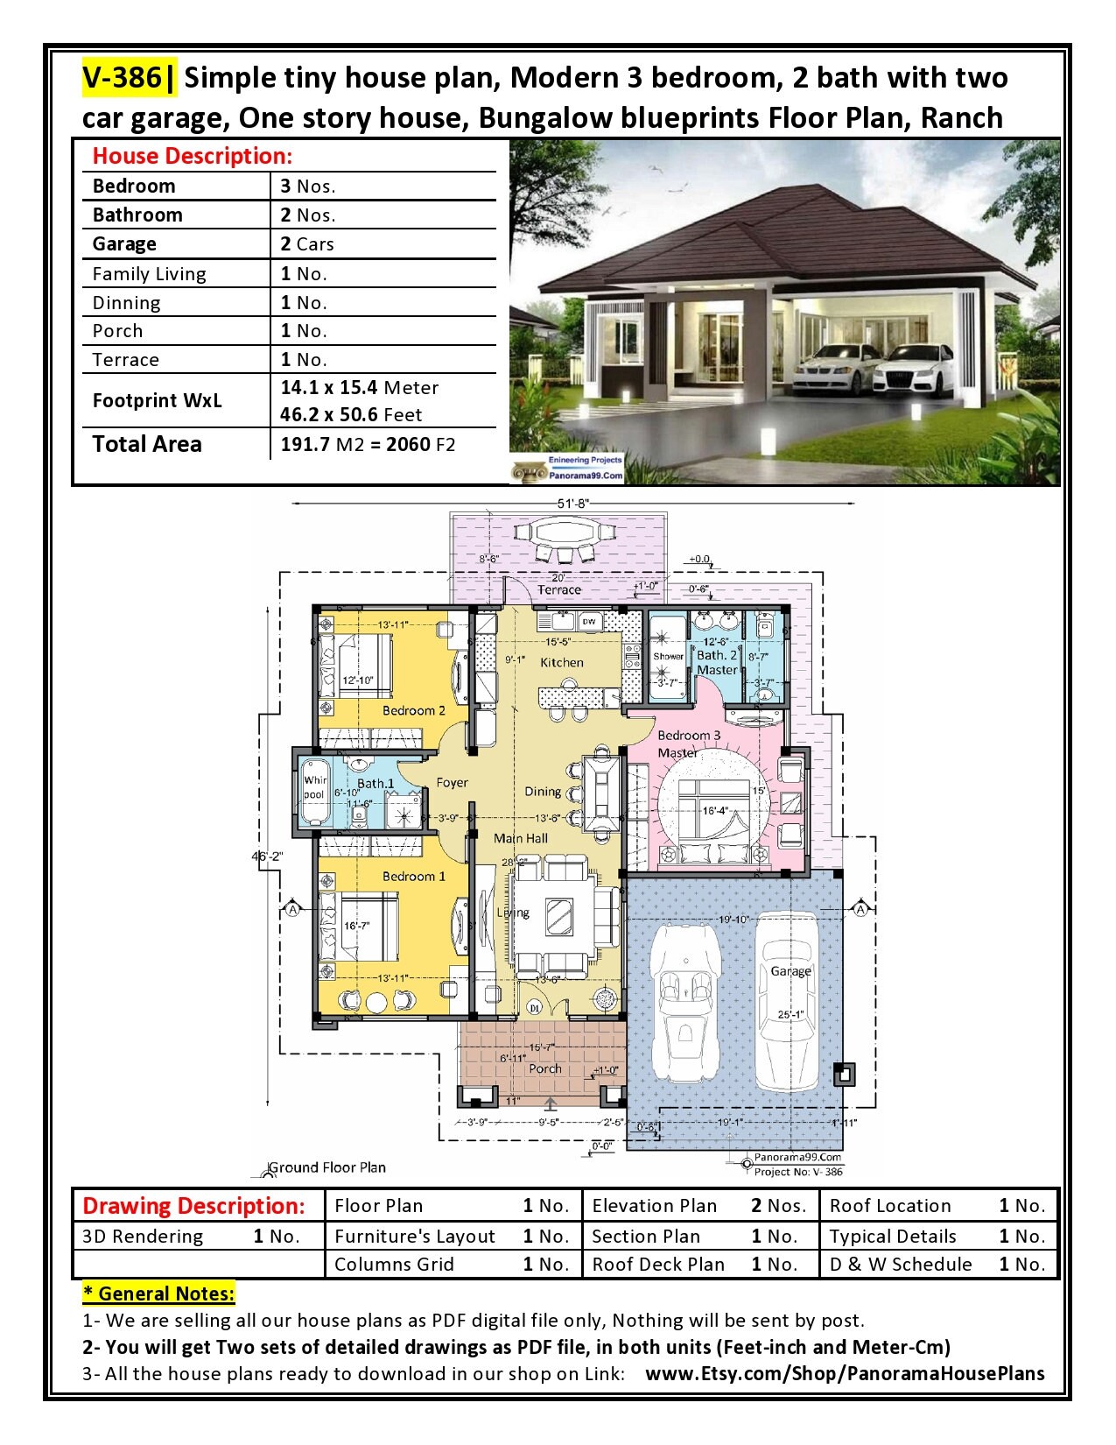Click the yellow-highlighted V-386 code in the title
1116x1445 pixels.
pyautogui.click(x=123, y=78)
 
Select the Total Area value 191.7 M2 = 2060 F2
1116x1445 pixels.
pyautogui.click(x=368, y=444)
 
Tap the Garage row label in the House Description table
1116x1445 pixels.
pyautogui.click(x=124, y=243)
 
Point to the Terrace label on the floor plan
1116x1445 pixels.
pyautogui.click(x=559, y=590)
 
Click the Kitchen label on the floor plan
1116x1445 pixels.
pyautogui.click(x=562, y=662)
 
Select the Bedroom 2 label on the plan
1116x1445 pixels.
pyautogui.click(x=413, y=710)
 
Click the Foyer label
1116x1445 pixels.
pyautogui.click(x=452, y=783)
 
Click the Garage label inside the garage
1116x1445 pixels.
pyautogui.click(x=790, y=971)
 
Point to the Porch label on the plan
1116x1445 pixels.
pyautogui.click(x=545, y=1068)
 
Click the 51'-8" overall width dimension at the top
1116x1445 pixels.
pyautogui.click(x=573, y=504)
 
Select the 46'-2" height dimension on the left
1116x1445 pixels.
pyautogui.click(x=267, y=856)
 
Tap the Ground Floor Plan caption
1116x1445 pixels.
pyautogui.click(x=326, y=1167)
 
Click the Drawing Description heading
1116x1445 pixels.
pyautogui.click(x=193, y=1206)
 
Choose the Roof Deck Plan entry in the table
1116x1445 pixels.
pyautogui.click(x=658, y=1265)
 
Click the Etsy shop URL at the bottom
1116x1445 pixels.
pyautogui.click(x=845, y=1373)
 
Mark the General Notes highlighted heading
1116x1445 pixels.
pyautogui.click(x=158, y=1293)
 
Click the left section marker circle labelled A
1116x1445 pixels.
pyautogui.click(x=291, y=910)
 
